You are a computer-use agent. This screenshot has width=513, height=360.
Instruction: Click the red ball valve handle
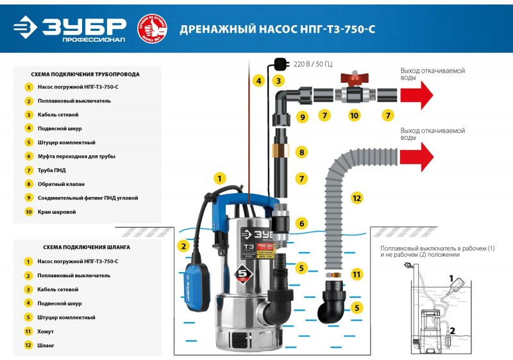click(354, 79)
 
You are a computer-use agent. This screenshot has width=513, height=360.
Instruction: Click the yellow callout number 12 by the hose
click(357, 198)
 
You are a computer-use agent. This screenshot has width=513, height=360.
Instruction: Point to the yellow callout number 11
click(357, 274)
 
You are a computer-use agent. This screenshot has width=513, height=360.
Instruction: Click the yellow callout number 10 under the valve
click(354, 116)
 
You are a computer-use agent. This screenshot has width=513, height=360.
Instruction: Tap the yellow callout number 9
click(303, 117)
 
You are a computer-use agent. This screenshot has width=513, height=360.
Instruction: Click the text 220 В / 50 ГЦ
click(314, 65)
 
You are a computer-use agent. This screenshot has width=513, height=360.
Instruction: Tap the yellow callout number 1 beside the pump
click(220, 178)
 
